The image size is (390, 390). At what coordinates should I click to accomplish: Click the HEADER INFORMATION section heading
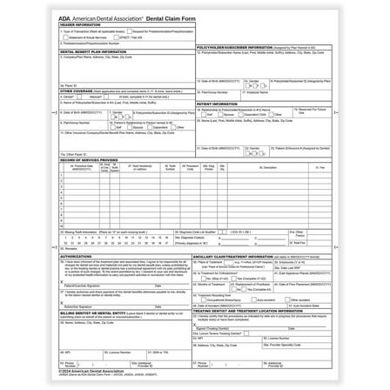tap(80, 24)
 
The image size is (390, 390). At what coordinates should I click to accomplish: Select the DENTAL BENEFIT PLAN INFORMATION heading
tap(94, 52)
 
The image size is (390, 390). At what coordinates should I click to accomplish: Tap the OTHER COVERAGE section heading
tap(77, 90)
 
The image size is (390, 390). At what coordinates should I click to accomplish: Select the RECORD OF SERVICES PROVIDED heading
tap(90, 160)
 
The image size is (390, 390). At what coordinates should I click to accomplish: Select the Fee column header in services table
tap(320, 166)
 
